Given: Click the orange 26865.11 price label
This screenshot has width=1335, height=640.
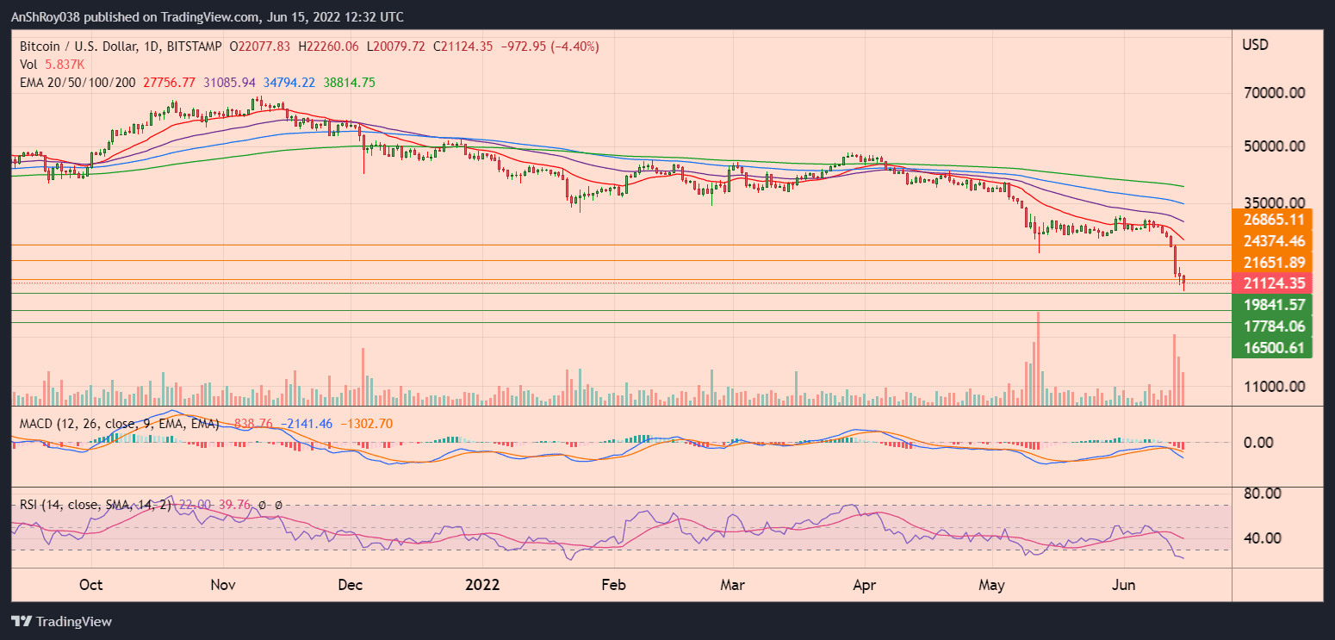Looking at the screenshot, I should [1271, 220].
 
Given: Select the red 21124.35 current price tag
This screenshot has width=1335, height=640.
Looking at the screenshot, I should [1271, 283].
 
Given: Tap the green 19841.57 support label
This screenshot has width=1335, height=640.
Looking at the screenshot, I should [1271, 304].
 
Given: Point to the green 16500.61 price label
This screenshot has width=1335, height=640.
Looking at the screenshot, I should [1271, 347].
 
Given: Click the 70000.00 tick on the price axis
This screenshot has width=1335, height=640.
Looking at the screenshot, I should [1271, 93].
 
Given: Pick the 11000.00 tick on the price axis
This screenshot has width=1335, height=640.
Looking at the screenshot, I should [1271, 387].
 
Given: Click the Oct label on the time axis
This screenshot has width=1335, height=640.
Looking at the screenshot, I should [90, 585].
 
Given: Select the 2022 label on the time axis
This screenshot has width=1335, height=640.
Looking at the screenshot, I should [482, 585].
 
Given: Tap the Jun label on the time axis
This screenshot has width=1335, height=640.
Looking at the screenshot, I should [1125, 585].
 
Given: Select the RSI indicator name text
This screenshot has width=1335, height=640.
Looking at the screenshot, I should [33, 505].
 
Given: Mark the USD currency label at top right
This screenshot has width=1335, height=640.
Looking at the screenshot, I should [1255, 45].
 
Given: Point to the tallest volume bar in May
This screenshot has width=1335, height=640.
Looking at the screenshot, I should [1039, 358].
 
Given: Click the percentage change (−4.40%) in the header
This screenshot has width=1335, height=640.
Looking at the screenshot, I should [575, 46].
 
